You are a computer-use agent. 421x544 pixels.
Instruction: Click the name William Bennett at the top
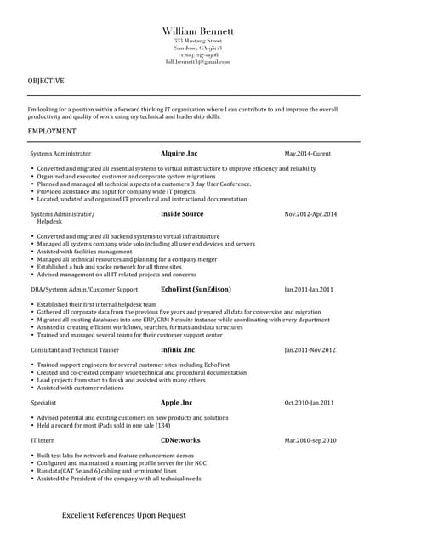(198, 31)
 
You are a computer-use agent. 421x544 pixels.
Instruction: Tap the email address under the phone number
(198, 62)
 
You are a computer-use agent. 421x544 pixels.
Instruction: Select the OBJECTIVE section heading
(46, 81)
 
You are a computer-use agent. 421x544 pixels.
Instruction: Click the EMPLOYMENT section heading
(52, 132)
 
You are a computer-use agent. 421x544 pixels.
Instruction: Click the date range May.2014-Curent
(308, 154)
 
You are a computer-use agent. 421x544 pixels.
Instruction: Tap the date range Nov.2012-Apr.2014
(310, 214)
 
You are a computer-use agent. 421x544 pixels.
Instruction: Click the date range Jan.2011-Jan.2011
(309, 290)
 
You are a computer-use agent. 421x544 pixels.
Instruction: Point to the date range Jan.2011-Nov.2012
(310, 350)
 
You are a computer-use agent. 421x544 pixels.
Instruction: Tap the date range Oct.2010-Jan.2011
(309, 403)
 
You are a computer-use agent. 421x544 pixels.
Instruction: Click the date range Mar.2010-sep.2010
(310, 441)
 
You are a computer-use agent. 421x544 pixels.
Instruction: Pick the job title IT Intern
(43, 441)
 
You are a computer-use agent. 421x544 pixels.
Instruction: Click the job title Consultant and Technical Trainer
(75, 350)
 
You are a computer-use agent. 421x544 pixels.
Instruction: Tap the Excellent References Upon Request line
(123, 515)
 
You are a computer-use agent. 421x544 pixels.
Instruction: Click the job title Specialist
(43, 403)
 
